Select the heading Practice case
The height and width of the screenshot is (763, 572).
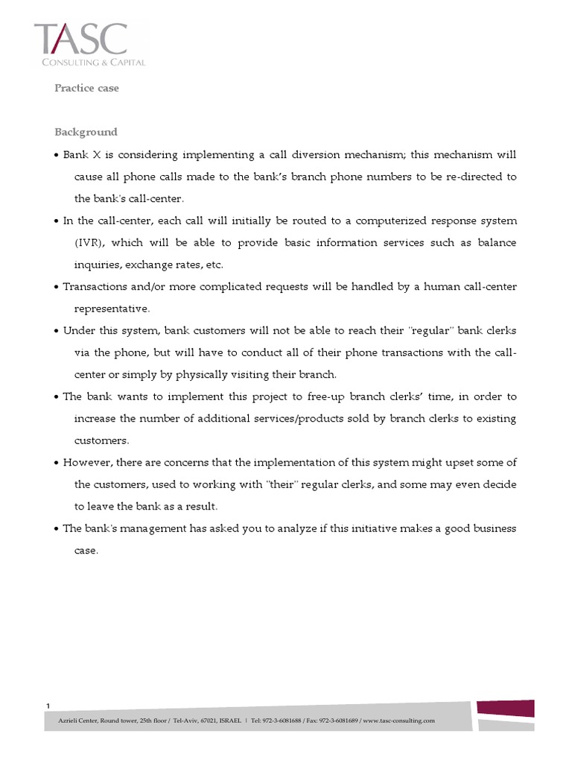click(x=86, y=88)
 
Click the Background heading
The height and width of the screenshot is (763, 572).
click(x=86, y=132)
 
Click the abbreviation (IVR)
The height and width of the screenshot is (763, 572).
click(x=88, y=243)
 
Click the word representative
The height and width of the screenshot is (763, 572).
click(x=112, y=308)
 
